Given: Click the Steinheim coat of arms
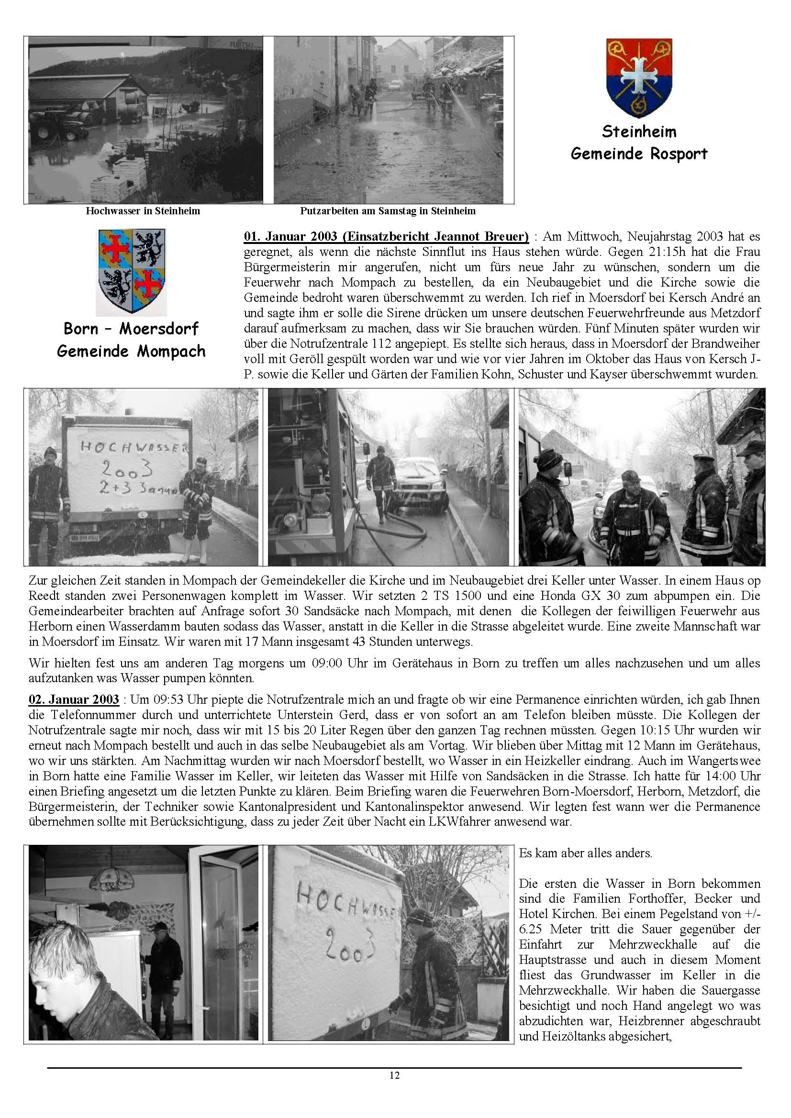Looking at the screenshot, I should [639, 77].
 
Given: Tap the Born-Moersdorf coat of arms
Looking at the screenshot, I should [132, 271].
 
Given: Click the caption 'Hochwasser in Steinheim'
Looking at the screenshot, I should [143, 211].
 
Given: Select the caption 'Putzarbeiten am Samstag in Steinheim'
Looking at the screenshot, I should [388, 211].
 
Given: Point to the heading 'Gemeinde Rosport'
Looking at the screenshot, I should [638, 154].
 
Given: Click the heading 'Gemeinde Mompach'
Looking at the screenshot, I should [131, 351].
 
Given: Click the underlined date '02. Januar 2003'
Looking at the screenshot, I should [74, 700].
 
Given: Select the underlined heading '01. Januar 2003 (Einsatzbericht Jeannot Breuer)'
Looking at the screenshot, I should [386, 237].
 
